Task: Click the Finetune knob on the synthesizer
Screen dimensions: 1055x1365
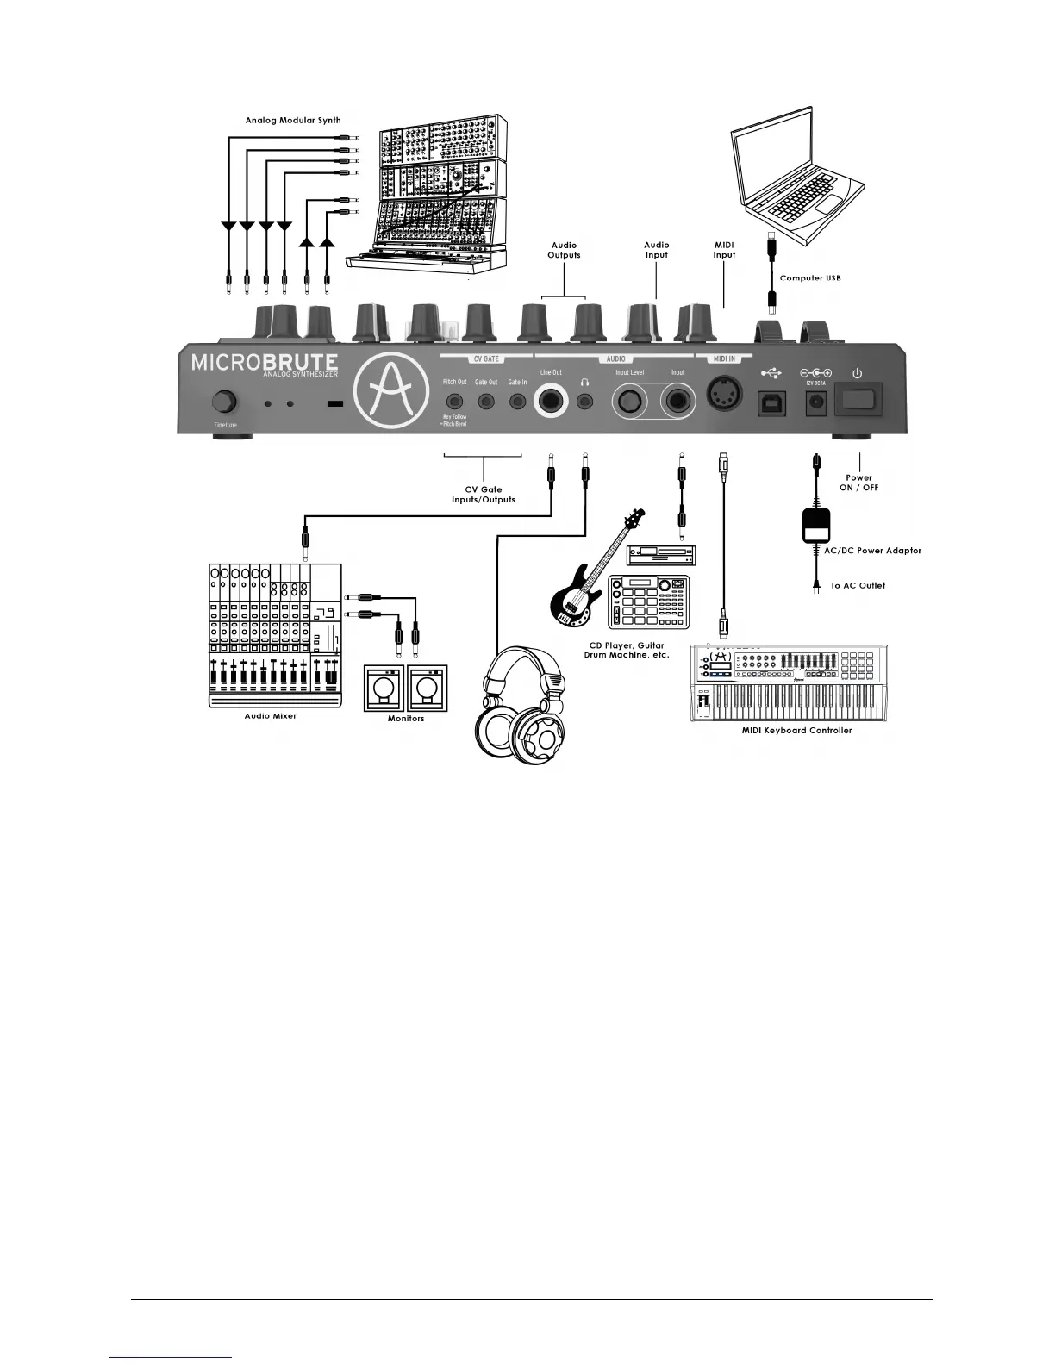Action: [225, 402]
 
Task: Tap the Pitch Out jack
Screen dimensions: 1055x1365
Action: [454, 401]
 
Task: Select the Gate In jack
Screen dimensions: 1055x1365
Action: [517, 401]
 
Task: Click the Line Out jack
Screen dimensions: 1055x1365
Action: [551, 401]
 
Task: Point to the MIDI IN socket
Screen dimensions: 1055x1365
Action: [724, 399]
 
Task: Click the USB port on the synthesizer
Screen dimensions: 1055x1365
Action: [771, 402]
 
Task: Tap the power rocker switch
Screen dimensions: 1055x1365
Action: [858, 401]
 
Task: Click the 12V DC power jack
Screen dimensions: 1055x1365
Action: [815, 402]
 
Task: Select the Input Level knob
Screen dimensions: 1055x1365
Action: [629, 402]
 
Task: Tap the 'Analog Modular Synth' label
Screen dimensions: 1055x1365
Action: [293, 121]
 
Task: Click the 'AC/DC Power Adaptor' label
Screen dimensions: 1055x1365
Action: [872, 551]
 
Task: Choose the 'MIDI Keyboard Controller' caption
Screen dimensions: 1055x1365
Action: [796, 731]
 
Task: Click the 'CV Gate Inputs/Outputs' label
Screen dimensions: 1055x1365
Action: [484, 495]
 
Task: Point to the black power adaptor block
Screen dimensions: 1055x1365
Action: [815, 525]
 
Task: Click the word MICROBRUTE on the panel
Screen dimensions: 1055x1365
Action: [264, 362]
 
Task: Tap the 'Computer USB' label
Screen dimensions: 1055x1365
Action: [809, 277]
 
